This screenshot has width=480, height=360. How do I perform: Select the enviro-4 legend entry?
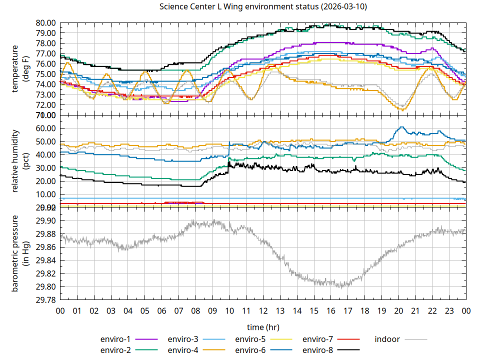coord(183,350)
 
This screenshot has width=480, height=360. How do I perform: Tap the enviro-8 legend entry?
coord(318,350)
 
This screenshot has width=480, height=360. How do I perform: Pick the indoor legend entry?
coord(387,339)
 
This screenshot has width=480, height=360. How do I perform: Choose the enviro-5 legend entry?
coord(250,339)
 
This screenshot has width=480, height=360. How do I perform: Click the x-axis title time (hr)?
coord(263,327)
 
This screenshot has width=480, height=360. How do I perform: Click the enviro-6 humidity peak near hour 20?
coord(401,127)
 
